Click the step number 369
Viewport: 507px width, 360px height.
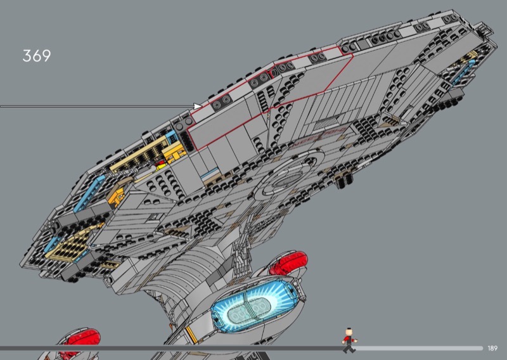[37, 56]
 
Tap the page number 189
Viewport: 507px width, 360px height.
[492, 349]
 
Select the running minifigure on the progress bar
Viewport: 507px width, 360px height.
[349, 340]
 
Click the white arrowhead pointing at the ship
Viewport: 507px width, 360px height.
[197, 106]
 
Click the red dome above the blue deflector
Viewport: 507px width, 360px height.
[289, 262]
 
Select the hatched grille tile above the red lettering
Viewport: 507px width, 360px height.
[326, 123]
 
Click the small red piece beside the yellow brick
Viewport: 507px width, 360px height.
[161, 165]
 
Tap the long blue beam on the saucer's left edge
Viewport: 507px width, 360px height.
[89, 194]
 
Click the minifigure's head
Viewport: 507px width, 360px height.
[349, 332]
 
